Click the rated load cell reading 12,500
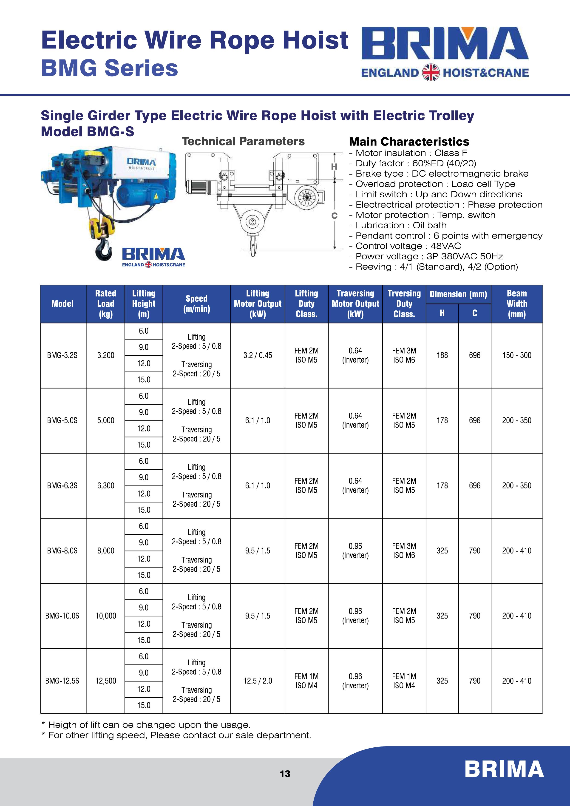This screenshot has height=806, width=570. pyautogui.click(x=106, y=681)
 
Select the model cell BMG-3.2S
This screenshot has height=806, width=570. pyautogui.click(x=62, y=355)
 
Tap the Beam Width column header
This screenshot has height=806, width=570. pyautogui.click(x=517, y=304)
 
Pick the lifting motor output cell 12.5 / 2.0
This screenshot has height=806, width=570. pyautogui.click(x=258, y=681)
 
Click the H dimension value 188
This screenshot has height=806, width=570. pyautogui.click(x=442, y=355)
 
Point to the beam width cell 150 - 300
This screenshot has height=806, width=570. pyautogui.click(x=517, y=355)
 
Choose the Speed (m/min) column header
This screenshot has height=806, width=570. pyautogui.click(x=197, y=304)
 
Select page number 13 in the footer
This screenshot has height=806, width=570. pyautogui.click(x=285, y=774)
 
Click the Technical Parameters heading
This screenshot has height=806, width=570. pyautogui.click(x=243, y=142)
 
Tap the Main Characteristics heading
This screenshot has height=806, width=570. pyautogui.click(x=409, y=142)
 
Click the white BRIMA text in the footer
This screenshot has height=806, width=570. pyautogui.click(x=504, y=769)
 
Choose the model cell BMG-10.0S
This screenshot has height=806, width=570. pyautogui.click(x=62, y=616)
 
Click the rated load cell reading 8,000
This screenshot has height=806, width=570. pyautogui.click(x=106, y=551)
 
